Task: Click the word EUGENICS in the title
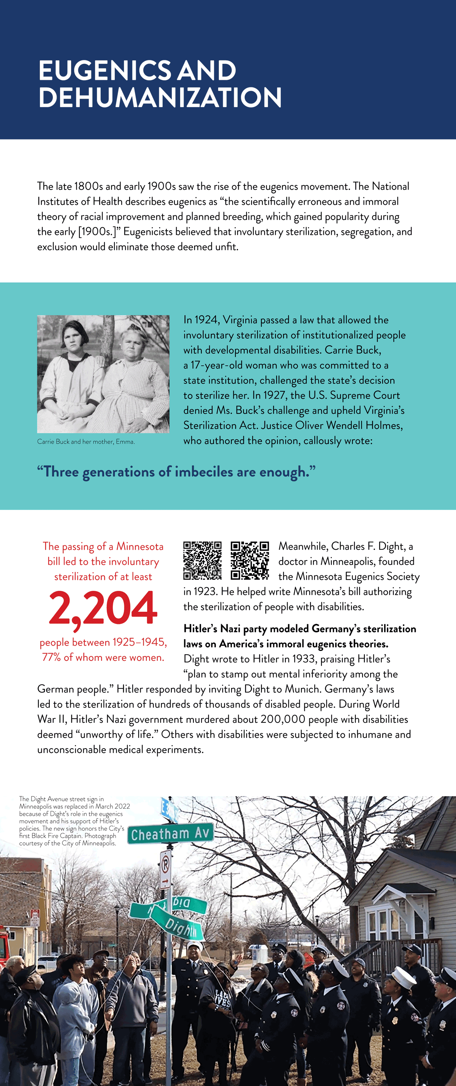pos(105,70)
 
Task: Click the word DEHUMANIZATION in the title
pos(160,97)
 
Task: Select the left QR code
pos(202,560)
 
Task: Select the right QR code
pos(250,560)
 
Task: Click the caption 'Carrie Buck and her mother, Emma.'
pos(86,442)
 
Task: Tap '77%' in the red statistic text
pos(51,657)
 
